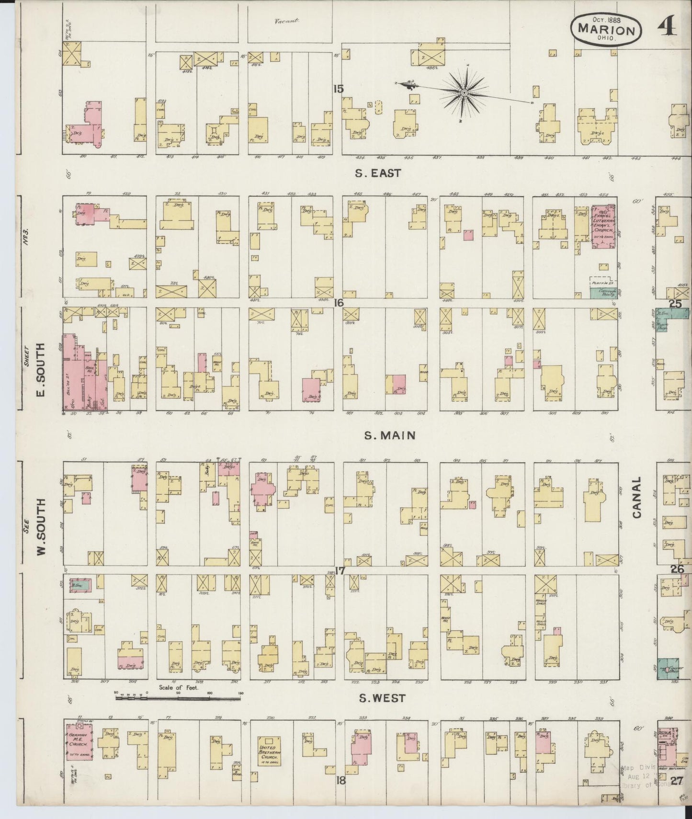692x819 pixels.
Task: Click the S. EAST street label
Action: [x=377, y=173]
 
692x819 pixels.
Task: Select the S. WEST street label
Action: [x=382, y=698]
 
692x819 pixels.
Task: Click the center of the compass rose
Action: [x=464, y=92]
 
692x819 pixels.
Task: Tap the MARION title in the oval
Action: [x=606, y=30]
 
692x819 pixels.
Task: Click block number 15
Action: [x=339, y=89]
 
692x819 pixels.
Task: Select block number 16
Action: [x=339, y=303]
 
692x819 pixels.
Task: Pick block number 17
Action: [x=340, y=571]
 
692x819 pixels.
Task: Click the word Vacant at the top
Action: [x=286, y=21]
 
